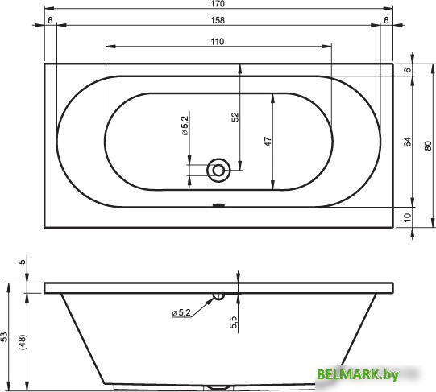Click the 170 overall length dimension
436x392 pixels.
[218, 4]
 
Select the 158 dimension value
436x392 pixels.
[218, 20]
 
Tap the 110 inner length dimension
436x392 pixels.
[217, 42]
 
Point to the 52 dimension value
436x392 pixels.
[235, 117]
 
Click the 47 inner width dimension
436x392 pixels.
[268, 142]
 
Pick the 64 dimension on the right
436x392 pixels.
[407, 142]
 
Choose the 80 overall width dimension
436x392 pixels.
[428, 146]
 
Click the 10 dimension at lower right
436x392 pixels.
[407, 217]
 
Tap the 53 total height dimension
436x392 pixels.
[5, 336]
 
